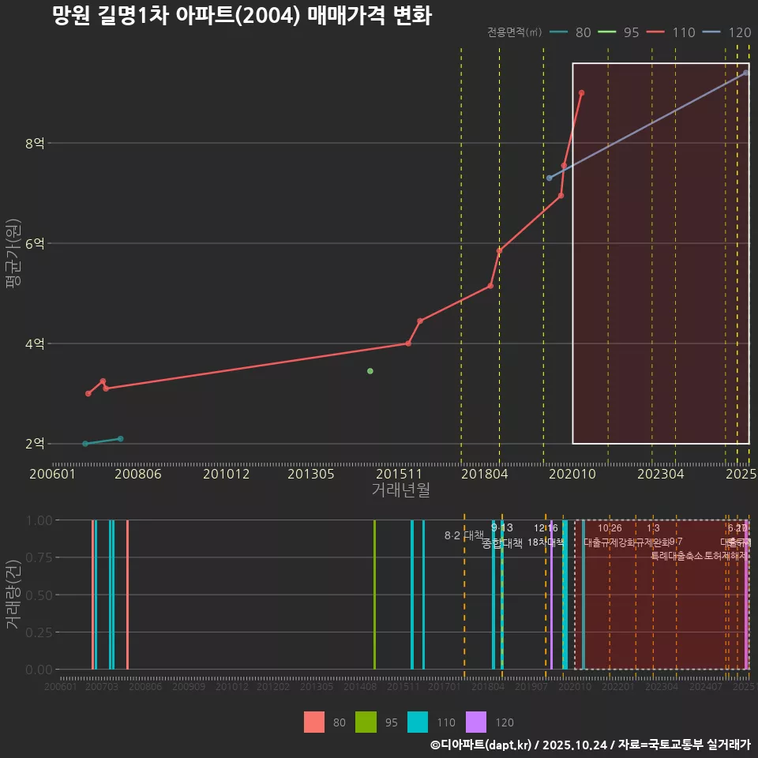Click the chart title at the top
242,17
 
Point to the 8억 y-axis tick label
35,144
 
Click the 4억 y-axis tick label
35,344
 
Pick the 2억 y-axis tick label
35,444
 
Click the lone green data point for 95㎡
370,371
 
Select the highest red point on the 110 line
581,92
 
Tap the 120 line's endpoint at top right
745,73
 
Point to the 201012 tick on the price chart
226,475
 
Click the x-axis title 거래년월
400,490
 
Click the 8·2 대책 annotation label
463,536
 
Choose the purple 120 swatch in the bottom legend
476,722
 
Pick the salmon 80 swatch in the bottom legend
314,722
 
